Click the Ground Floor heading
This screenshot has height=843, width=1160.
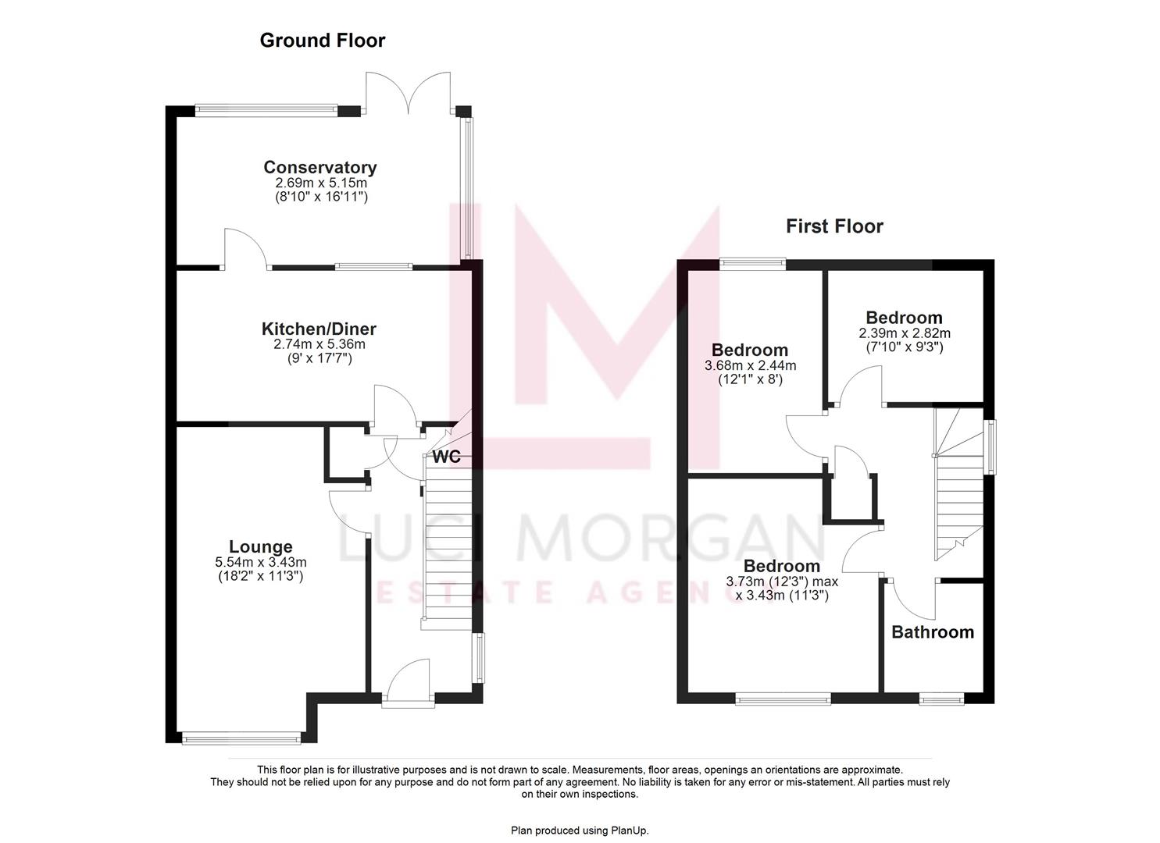pyautogui.click(x=322, y=40)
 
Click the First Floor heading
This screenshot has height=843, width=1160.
pyautogui.click(x=833, y=226)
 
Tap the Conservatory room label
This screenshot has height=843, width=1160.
pyautogui.click(x=319, y=167)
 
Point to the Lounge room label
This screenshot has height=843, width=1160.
pyautogui.click(x=260, y=547)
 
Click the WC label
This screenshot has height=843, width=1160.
pyautogui.click(x=447, y=457)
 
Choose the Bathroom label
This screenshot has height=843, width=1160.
pyautogui.click(x=932, y=632)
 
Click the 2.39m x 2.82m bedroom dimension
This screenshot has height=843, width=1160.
pyautogui.click(x=904, y=333)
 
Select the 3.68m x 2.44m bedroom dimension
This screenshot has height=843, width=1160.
pyautogui.click(x=750, y=365)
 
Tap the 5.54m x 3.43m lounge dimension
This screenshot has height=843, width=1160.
pyautogui.click(x=260, y=562)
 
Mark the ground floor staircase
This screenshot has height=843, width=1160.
pyautogui.click(x=448, y=546)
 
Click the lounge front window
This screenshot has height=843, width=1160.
pyautogui.click(x=241, y=737)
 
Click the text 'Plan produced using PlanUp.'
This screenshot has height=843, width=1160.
pyautogui.click(x=580, y=831)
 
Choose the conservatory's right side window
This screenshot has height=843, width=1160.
pyautogui.click(x=468, y=187)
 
